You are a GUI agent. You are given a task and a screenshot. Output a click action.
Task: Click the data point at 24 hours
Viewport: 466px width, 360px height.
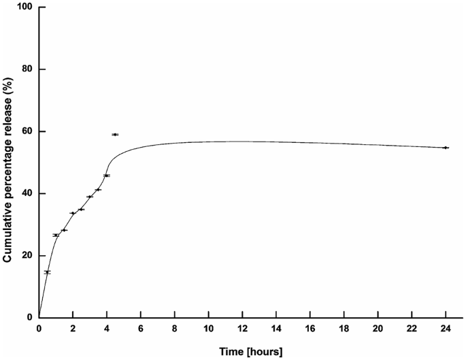point(446,148)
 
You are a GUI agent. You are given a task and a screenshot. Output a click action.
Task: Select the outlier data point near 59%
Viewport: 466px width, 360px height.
point(115,135)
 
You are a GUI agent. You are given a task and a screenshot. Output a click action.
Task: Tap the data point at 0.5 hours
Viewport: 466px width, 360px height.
point(47,272)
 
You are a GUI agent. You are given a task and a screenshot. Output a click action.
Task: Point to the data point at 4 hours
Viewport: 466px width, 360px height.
point(107,176)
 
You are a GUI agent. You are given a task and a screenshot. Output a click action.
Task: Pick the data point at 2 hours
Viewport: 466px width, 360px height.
point(73,213)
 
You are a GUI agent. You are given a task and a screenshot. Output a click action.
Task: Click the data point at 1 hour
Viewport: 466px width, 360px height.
point(56,235)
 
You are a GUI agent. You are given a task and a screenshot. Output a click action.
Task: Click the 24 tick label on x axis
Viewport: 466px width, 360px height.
point(446,329)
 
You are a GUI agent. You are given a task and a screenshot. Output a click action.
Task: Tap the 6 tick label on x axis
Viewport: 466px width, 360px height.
point(141,329)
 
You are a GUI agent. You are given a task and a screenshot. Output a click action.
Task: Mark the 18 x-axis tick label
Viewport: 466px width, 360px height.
point(344,329)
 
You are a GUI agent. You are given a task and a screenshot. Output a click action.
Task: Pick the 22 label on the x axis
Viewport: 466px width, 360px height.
point(412,329)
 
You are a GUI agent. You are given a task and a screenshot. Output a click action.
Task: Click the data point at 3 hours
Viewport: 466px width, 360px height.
point(90,197)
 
